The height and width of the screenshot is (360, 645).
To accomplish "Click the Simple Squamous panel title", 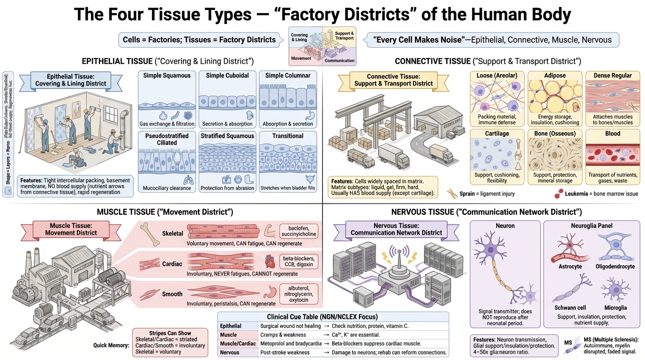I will [x=167, y=75].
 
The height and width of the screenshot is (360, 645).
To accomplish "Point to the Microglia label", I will [x=615, y=307].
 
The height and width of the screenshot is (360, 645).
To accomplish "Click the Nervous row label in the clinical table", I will [x=230, y=352].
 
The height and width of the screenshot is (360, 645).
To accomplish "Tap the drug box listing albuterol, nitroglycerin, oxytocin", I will [x=299, y=293].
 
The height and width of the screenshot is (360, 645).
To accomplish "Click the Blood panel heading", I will [x=612, y=134].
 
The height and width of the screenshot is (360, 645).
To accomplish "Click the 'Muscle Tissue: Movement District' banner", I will [x=71, y=229].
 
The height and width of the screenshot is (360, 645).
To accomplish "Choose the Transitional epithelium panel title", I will [x=287, y=136].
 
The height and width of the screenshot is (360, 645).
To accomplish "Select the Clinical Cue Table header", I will [x=322, y=317].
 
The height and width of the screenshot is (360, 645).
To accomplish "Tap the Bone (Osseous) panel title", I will [x=555, y=134].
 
